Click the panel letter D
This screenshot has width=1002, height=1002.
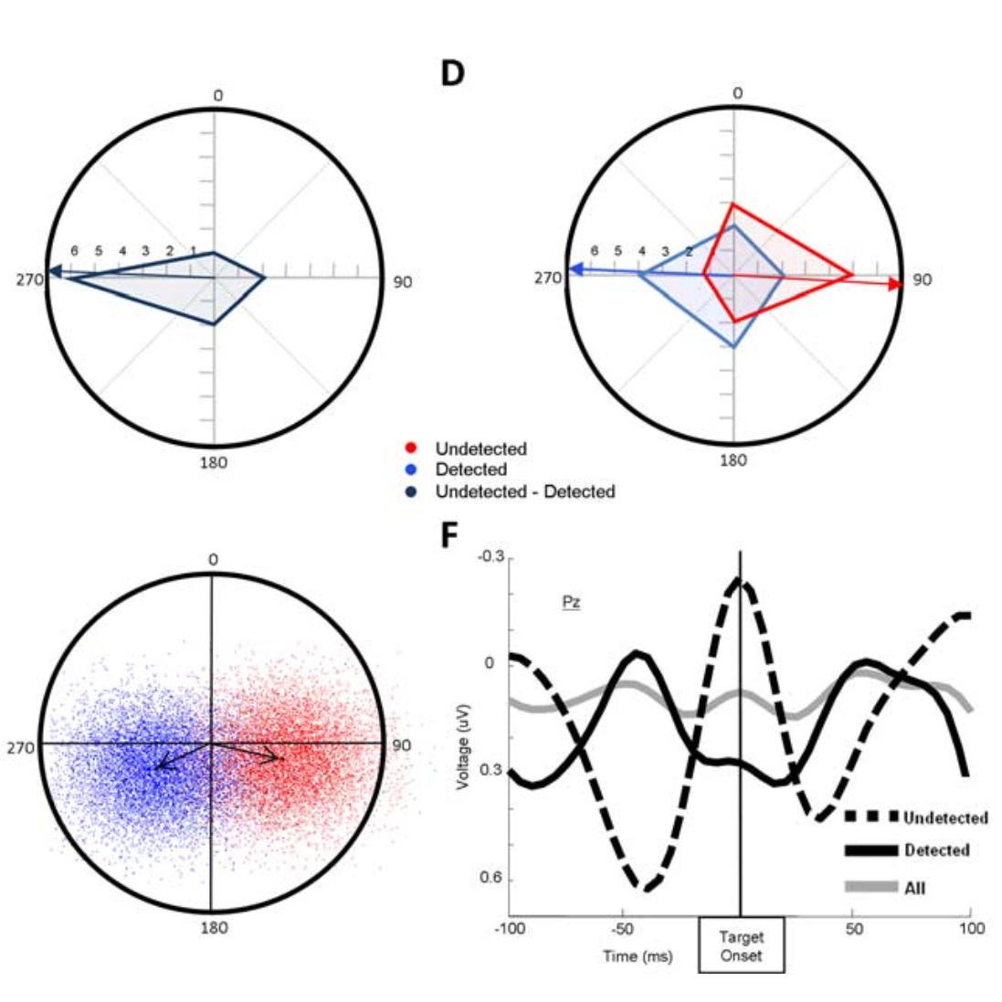(452, 72)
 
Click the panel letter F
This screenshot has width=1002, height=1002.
(448, 535)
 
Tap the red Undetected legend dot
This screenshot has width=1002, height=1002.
(413, 448)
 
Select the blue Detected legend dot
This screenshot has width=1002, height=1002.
(413, 470)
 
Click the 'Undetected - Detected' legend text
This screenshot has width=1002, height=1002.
(525, 491)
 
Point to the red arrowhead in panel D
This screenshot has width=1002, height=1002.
(895, 285)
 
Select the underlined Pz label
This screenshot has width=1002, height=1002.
(571, 603)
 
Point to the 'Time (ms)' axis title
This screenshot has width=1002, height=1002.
(637, 956)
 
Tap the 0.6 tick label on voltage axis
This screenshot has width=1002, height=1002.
(491, 879)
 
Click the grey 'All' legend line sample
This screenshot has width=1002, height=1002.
(871, 886)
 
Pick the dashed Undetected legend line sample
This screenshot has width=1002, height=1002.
(871, 816)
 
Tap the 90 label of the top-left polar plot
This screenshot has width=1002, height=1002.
(402, 282)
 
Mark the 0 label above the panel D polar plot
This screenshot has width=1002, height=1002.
(738, 93)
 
